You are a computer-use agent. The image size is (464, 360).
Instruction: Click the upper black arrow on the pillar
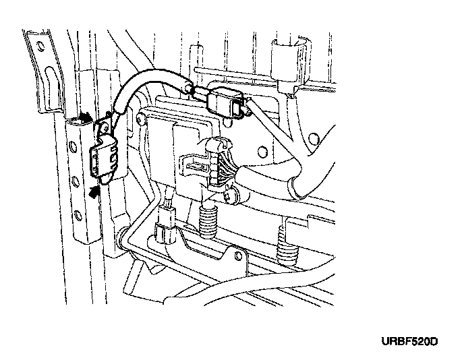click(x=84, y=118)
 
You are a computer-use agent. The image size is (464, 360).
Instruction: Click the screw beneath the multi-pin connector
click(x=232, y=196)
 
